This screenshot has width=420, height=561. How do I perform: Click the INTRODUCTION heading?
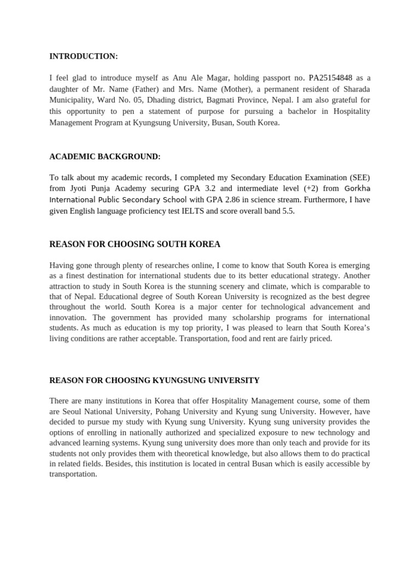pyautogui.click(x=84, y=56)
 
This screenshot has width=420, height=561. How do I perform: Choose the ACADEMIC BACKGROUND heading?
pyautogui.click(x=105, y=157)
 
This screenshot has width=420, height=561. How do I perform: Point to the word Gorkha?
pyautogui.click(x=357, y=189)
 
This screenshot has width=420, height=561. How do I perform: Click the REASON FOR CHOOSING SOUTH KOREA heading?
pyautogui.click(x=135, y=244)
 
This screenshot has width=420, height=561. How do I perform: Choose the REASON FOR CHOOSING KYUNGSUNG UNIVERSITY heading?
pyautogui.click(x=155, y=380)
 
